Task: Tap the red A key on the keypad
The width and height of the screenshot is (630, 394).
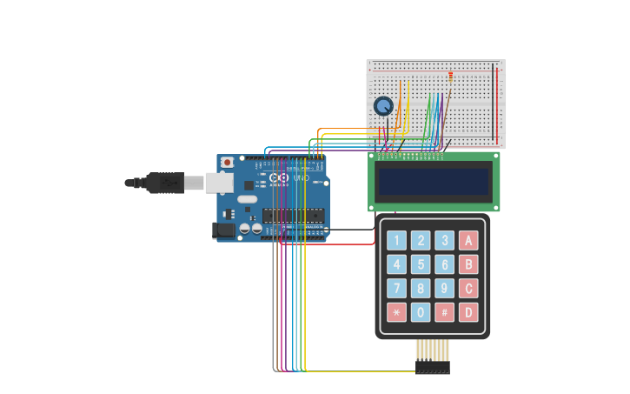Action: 468,241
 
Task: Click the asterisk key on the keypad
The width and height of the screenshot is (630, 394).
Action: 396,312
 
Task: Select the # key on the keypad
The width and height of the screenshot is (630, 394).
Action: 444,312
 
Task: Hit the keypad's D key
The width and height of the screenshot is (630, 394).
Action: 468,312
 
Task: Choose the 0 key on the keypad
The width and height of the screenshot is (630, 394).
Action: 421,312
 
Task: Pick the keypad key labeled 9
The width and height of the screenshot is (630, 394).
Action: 444,288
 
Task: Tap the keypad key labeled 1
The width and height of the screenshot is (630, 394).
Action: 396,241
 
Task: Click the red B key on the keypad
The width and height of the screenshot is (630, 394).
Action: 468,264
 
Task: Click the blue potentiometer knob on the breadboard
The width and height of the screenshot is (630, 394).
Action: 383,106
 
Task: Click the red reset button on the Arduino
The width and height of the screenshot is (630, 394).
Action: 228,162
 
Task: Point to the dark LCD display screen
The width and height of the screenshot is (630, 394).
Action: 434,182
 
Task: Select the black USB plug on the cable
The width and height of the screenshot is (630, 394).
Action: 163,183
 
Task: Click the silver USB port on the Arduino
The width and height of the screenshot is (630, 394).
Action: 219,182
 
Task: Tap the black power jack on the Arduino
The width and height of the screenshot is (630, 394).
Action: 223,230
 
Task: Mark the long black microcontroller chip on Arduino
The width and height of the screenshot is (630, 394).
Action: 293,216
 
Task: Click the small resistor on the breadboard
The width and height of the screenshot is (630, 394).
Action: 451,76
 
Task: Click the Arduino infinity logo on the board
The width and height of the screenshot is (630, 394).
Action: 279,177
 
